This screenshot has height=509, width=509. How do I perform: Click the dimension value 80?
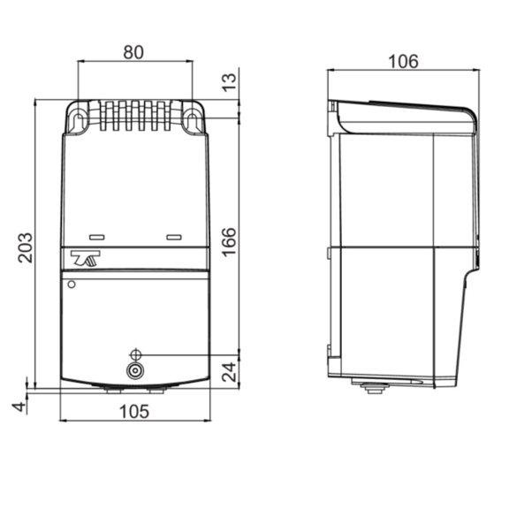(133, 52)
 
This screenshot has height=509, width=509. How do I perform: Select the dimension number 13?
(229, 83)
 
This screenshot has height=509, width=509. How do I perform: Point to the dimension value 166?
(229, 241)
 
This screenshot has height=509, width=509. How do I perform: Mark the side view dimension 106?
(402, 61)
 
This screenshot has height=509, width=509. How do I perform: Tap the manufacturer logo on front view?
(88, 259)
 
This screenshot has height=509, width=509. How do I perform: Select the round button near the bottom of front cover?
(135, 370)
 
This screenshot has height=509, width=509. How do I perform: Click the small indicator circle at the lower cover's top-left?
(71, 285)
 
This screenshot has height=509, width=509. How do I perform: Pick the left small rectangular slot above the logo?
(96, 237)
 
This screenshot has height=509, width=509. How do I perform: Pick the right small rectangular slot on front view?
(173, 237)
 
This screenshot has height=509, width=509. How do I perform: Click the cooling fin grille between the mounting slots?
(134, 115)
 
